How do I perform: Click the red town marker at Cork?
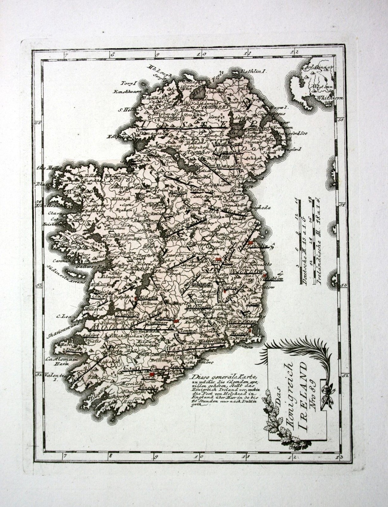point(152,375)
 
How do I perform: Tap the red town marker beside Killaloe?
point(136,298)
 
